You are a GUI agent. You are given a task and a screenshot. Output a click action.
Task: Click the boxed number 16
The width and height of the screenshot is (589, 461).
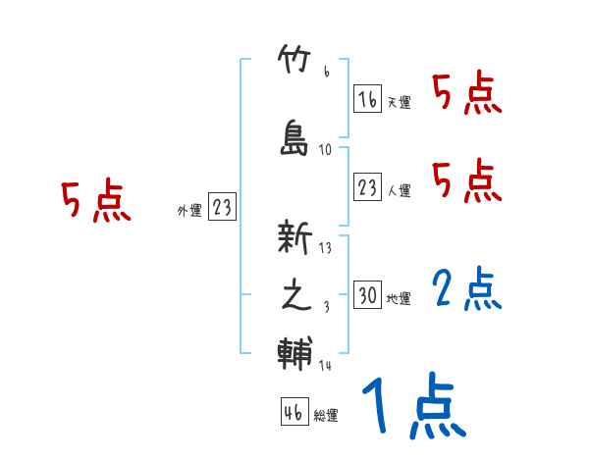[x=367, y=99]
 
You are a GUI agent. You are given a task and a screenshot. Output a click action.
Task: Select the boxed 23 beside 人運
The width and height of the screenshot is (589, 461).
[x=367, y=186]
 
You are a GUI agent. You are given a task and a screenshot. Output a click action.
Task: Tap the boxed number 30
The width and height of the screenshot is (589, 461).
[x=367, y=294]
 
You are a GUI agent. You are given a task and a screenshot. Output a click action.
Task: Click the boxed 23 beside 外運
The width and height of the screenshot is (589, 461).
[x=222, y=207]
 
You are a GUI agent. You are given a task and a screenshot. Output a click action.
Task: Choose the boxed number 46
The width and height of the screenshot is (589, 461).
[x=294, y=411]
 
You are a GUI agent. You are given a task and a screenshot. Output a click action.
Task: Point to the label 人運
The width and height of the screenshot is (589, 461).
[x=399, y=190]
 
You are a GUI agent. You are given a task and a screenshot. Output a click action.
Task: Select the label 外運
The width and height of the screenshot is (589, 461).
[x=189, y=210]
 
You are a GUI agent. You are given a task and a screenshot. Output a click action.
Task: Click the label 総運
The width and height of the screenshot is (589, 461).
[x=326, y=415]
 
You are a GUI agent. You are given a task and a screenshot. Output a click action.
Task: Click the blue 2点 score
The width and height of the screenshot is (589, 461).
[x=467, y=290]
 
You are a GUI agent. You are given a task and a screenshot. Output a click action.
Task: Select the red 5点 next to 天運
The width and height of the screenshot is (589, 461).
[x=467, y=94]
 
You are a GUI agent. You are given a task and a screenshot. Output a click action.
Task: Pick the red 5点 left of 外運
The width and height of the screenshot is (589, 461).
[x=95, y=202]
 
